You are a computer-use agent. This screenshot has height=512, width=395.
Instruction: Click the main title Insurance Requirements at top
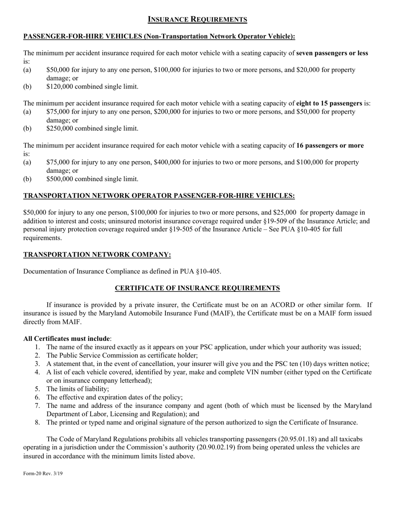197,20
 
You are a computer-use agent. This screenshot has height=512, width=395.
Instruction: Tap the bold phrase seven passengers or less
332,53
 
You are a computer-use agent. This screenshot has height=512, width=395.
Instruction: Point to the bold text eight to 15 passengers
328,103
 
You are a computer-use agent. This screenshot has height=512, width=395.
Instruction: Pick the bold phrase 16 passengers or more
330,145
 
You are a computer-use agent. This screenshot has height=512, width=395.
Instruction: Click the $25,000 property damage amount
285,213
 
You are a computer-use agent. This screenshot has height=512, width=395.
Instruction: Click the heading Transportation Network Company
97,254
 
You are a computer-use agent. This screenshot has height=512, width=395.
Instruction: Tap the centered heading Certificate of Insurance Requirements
197,288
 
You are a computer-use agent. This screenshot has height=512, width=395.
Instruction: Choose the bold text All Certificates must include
67,338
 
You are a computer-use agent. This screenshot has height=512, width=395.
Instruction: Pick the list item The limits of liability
78,389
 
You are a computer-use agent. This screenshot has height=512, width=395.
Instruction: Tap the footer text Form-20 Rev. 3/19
43,474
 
